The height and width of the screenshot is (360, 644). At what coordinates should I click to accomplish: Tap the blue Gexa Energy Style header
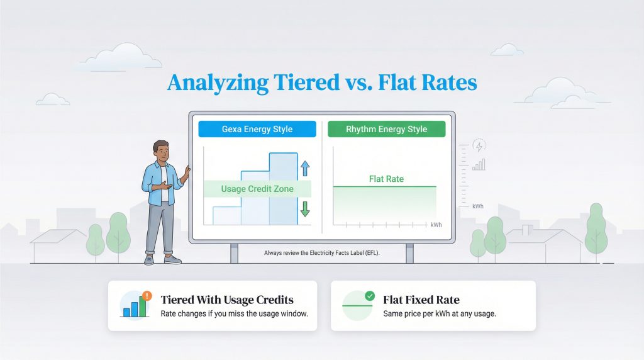[x=257, y=129]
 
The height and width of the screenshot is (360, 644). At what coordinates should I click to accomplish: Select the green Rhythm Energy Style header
[x=386, y=129]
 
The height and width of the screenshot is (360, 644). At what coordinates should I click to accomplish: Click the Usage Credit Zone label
[x=257, y=189]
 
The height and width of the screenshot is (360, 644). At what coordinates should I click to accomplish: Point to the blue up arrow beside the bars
[x=305, y=167]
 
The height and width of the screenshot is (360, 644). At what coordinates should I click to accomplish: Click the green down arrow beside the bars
[x=305, y=208]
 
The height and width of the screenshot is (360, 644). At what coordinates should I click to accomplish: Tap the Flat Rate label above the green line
[x=386, y=179]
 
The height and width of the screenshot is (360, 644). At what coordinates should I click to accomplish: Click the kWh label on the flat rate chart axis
[x=436, y=225]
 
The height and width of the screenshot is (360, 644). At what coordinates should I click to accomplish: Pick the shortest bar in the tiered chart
[x=226, y=215]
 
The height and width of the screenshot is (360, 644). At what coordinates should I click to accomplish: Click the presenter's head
[x=161, y=152]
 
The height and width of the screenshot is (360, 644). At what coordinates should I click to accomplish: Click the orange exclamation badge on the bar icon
[x=147, y=295]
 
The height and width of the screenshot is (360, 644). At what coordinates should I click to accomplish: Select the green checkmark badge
[x=369, y=295]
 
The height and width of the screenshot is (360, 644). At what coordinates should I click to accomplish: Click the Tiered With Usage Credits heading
[x=227, y=300]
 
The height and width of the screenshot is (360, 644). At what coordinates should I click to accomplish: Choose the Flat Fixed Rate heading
[x=421, y=300]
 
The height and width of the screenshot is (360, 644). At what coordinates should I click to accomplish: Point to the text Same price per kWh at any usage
[x=440, y=313]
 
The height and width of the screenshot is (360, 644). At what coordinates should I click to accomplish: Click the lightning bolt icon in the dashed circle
[x=479, y=146]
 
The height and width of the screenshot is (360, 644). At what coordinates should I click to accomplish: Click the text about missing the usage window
[x=234, y=313]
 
